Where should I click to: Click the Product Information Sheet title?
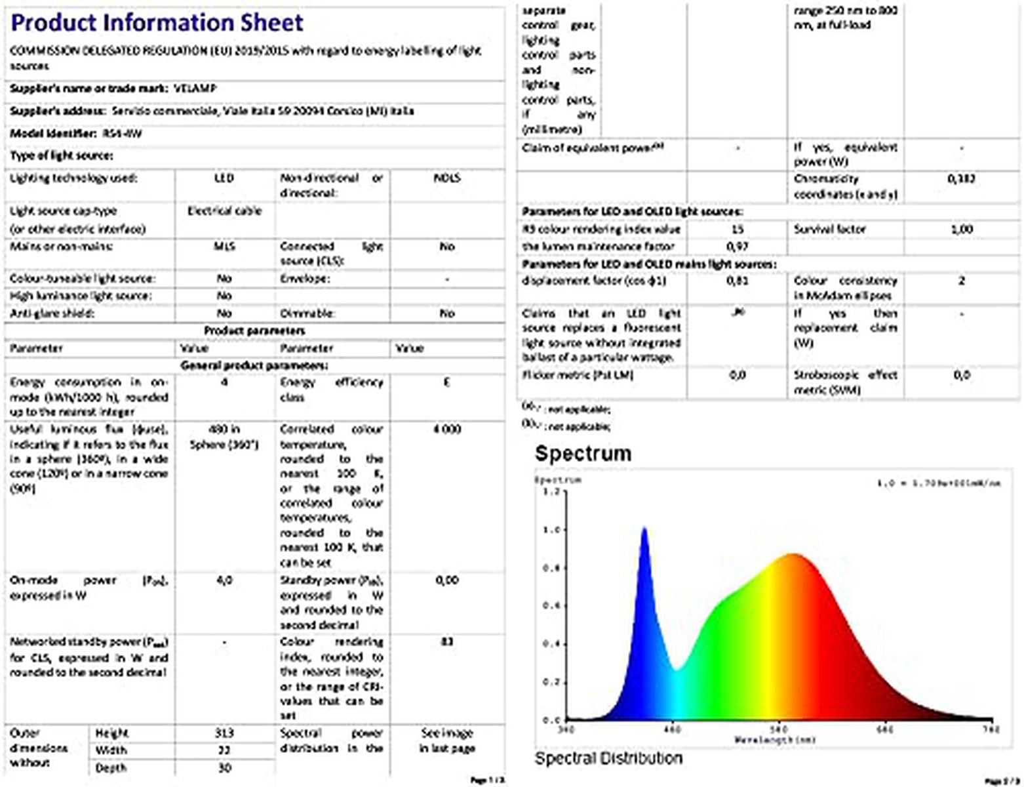click(157, 23)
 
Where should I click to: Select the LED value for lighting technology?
click(224, 178)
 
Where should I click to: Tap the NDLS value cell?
click(447, 178)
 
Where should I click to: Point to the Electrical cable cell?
click(224, 211)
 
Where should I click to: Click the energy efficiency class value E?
click(447, 382)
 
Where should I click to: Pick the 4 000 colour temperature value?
click(447, 430)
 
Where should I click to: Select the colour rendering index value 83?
click(447, 641)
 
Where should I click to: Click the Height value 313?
click(224, 733)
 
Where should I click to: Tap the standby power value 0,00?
click(447, 580)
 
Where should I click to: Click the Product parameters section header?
click(254, 331)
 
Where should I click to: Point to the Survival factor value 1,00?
click(961, 230)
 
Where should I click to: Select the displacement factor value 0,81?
click(738, 281)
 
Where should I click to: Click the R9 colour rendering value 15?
click(738, 230)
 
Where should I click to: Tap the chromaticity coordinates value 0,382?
click(961, 178)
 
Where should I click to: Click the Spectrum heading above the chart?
click(583, 453)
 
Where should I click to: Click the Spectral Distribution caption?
click(608, 759)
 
